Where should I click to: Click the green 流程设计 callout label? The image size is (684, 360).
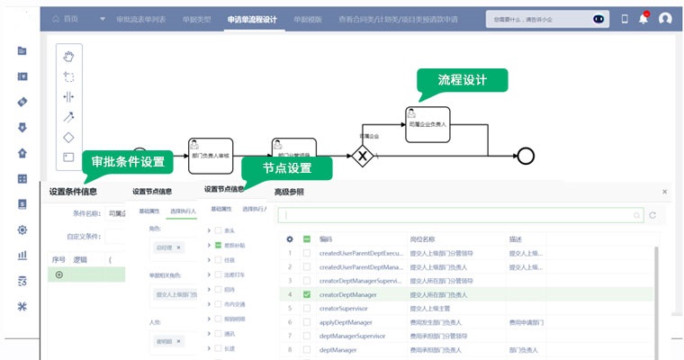point(462,80)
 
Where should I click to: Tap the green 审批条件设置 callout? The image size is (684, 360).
point(128,162)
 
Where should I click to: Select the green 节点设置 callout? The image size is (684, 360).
point(287,168)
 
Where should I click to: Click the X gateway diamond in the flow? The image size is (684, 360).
point(363,155)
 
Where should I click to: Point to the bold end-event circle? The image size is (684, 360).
point(526,155)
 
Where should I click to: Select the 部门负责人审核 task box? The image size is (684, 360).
point(210,152)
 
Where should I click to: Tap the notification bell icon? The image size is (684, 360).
point(643,18)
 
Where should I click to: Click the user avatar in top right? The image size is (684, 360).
point(665,18)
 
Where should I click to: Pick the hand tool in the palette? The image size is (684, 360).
point(68,57)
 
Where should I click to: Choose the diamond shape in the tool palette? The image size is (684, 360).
point(68,137)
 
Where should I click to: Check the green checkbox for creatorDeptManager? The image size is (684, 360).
point(307,294)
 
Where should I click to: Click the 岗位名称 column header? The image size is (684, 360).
point(423,239)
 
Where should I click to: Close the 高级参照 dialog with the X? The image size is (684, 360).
point(664,191)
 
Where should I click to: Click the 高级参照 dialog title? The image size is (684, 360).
point(289,192)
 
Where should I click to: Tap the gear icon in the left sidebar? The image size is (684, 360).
point(22,229)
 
